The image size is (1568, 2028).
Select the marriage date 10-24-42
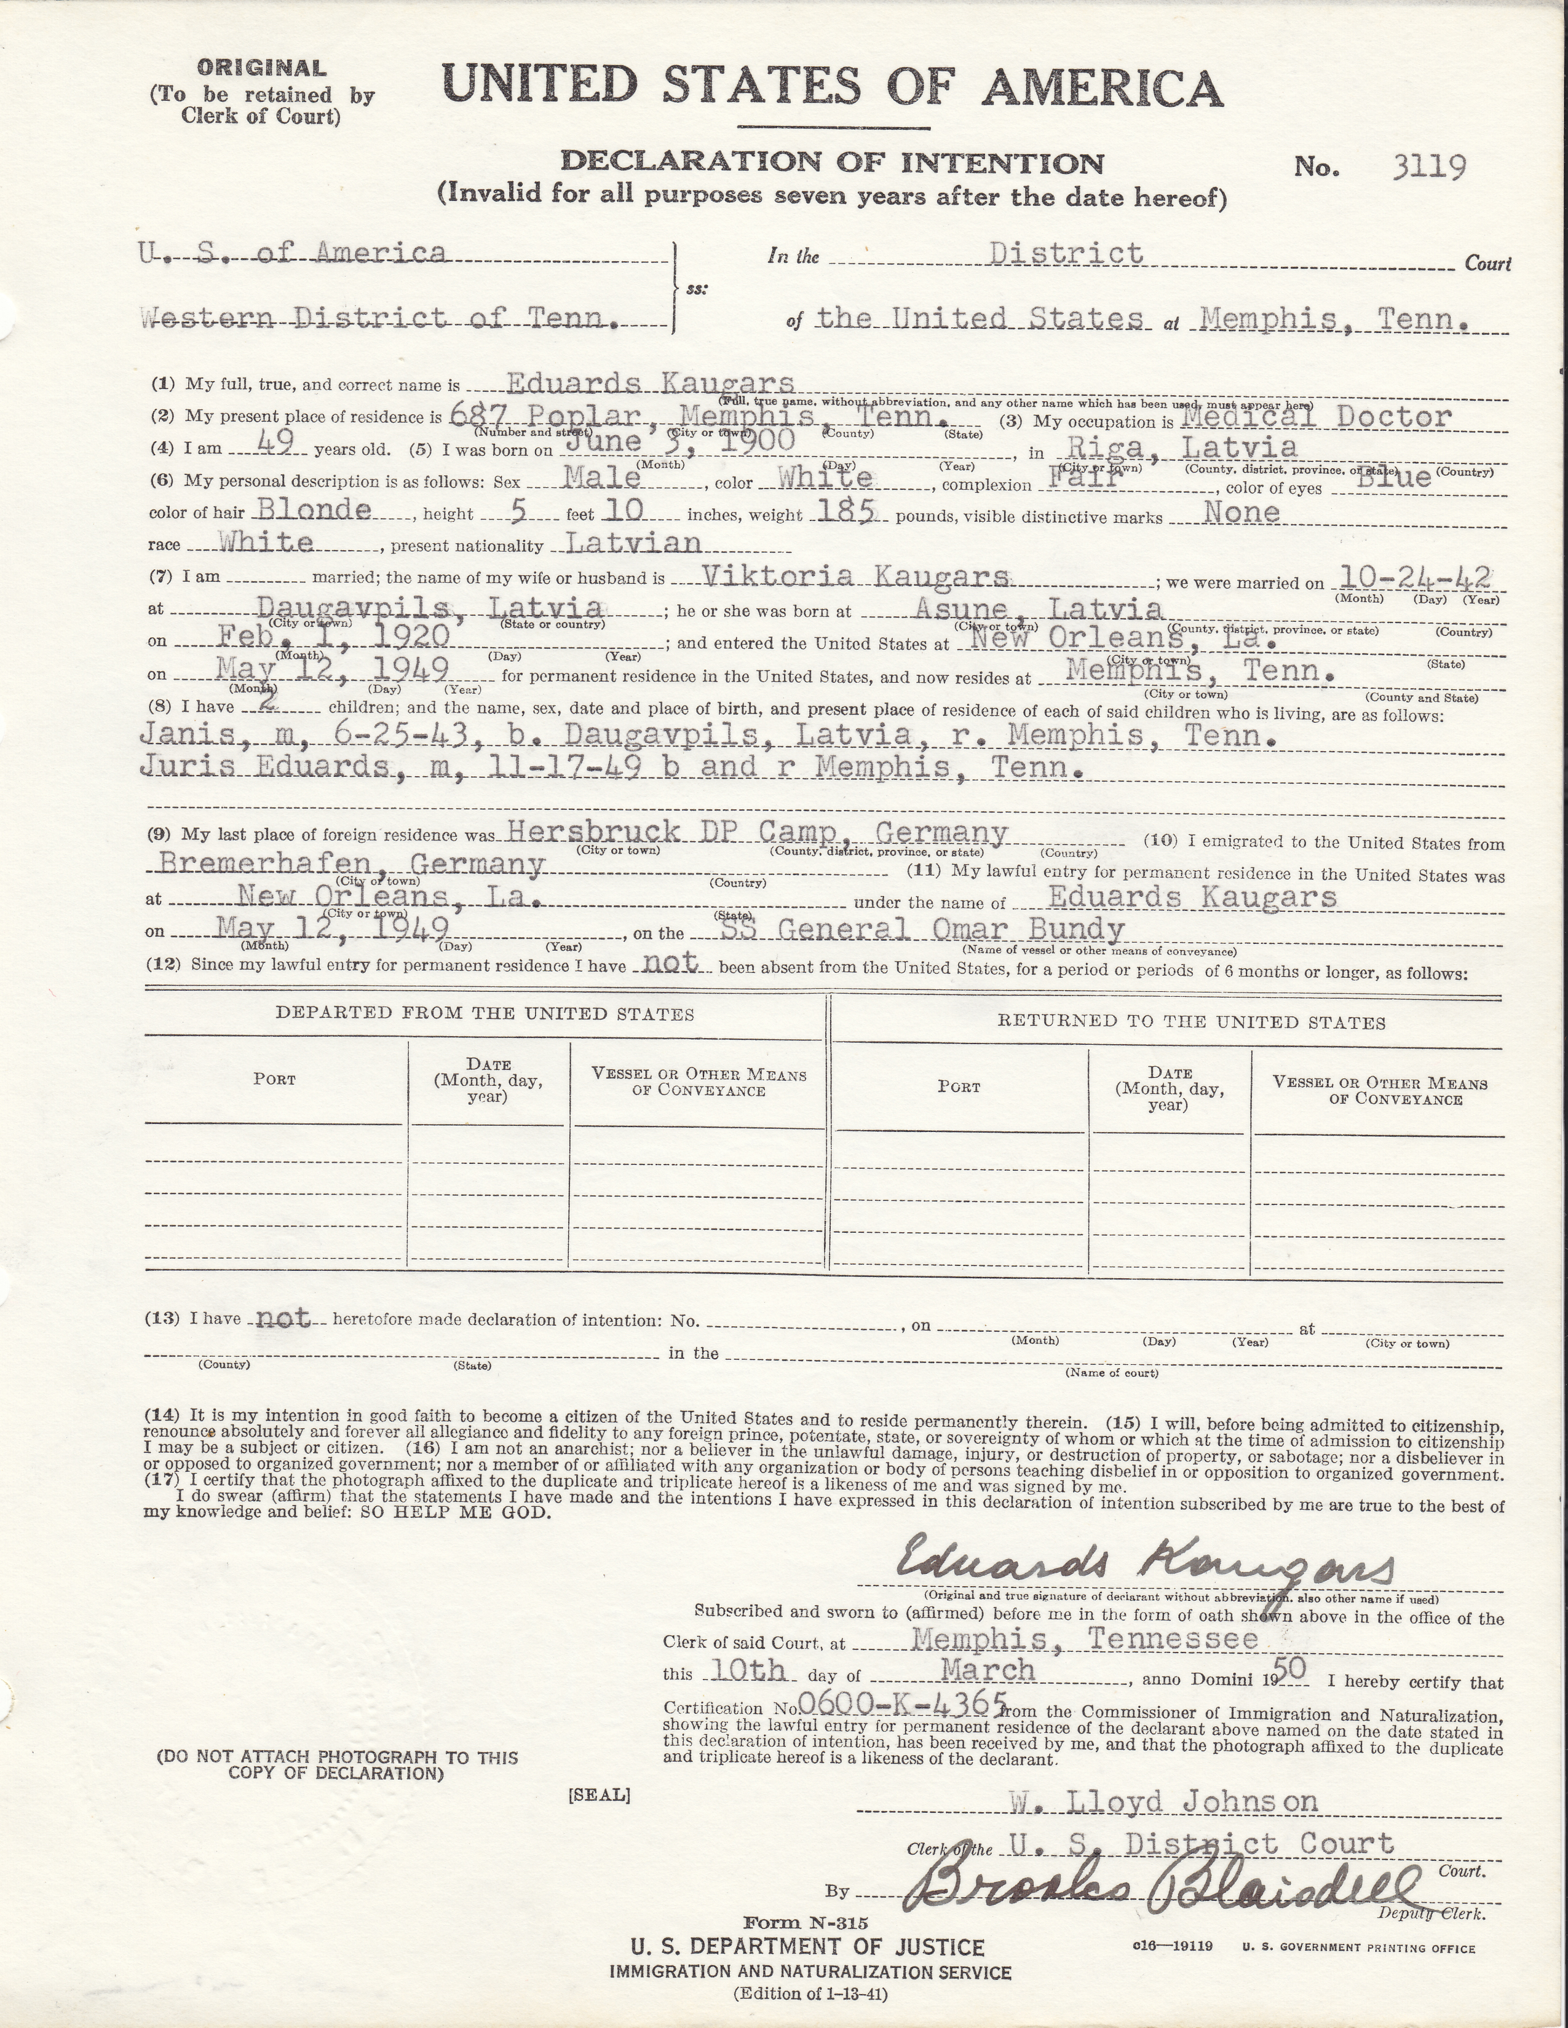click(x=1412, y=578)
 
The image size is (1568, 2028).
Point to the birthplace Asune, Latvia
click(x=1039, y=608)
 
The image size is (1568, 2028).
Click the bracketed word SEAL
click(x=599, y=1795)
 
